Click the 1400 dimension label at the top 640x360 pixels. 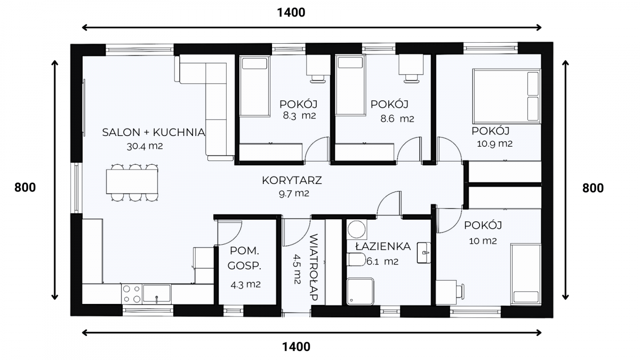click(291, 13)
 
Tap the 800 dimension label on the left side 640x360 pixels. click(25, 188)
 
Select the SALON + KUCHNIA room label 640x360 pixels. click(154, 132)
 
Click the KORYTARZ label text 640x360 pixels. click(292, 180)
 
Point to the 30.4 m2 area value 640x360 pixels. click(145, 146)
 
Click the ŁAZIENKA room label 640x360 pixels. click(383, 246)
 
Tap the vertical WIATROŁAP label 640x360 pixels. click(314, 267)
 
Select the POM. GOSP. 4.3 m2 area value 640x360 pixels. click(245, 285)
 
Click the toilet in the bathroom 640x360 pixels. click(356, 260)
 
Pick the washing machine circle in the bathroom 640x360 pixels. click(357, 229)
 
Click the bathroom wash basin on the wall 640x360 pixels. click(424, 253)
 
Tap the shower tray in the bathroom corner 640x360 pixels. click(361, 291)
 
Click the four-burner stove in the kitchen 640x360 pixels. click(132, 294)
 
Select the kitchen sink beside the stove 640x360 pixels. click(157, 293)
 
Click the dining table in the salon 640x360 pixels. click(132, 182)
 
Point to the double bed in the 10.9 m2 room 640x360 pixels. click(507, 96)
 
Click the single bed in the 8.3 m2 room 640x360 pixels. click(254, 86)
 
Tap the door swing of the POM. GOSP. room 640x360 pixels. click(229, 233)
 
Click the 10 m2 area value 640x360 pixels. click(483, 241)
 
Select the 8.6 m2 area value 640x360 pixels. click(397, 118)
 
